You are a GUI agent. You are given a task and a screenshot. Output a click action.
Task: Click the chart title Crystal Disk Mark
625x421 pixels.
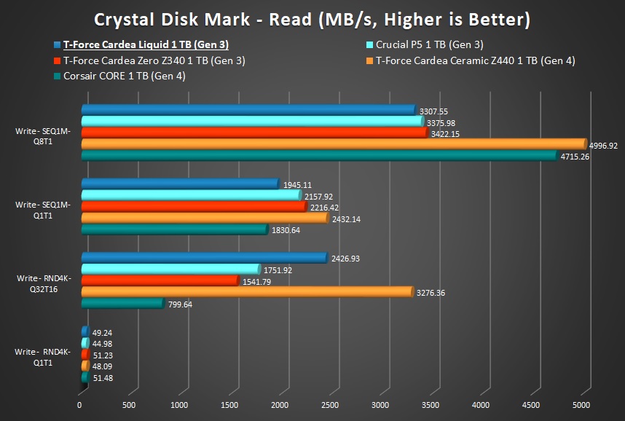coord(312,17)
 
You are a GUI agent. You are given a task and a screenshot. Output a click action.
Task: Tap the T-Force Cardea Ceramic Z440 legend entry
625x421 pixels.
coord(475,60)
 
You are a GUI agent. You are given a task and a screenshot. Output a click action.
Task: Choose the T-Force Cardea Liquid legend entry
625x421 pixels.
coord(146,45)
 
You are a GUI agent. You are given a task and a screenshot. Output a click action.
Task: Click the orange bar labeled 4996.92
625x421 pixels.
coord(331,144)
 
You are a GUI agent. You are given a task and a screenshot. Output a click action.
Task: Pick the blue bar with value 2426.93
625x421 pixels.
coord(203,258)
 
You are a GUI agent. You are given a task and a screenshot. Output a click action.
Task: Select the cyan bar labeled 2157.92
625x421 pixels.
coord(190,195)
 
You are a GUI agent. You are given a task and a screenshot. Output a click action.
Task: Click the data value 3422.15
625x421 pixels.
coord(444,134)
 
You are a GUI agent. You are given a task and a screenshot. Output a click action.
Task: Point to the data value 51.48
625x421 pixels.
coord(103,378)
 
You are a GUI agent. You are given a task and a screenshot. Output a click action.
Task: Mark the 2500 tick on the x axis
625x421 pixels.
coord(330,404)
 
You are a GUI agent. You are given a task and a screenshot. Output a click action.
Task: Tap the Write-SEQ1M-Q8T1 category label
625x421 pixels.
coord(43,136)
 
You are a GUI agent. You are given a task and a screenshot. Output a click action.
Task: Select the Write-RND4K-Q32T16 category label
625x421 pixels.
coord(43,283)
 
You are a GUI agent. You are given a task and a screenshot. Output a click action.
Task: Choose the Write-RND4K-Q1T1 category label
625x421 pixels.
coord(43,357)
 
